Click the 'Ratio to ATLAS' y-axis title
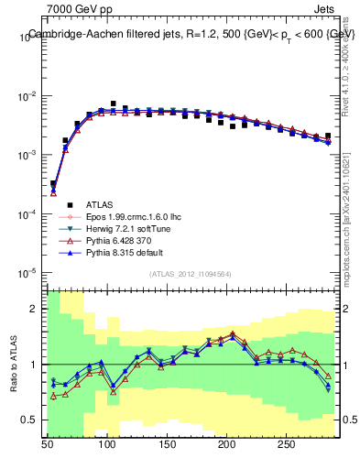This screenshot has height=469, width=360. tap(13, 365)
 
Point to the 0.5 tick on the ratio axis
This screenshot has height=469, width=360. tap(31, 420)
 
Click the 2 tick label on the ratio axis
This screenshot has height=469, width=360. tap(35, 309)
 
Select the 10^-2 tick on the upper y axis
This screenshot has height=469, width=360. tap(27, 96)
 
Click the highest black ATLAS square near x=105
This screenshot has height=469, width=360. tap(113, 104)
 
